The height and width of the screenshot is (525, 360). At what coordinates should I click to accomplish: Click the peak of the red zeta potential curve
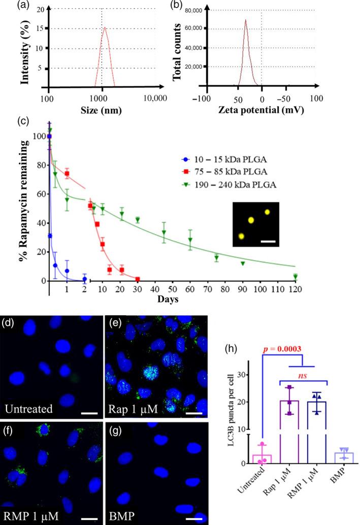pyautogui.click(x=245, y=20)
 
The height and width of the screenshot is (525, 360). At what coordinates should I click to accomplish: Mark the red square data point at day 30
pyautogui.click(x=138, y=279)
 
